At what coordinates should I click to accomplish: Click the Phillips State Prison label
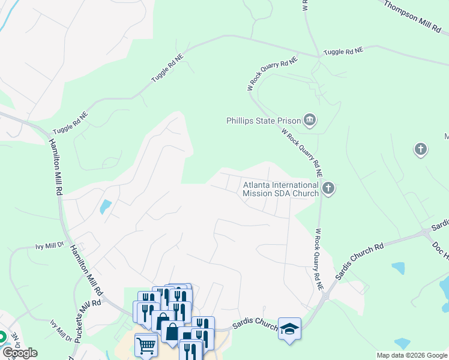pos(263,121)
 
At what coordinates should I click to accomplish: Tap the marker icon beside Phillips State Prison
pos(310,120)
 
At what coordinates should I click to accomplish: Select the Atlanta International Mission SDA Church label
pos(280,189)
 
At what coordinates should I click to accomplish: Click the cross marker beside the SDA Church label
pos(328,189)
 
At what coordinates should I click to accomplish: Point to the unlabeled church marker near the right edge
pos(421,148)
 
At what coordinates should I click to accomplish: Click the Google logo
pos(19,353)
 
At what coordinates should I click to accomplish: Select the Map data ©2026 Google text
pos(412,355)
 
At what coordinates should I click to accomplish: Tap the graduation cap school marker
pos(289,329)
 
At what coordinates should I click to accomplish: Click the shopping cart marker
pos(146,345)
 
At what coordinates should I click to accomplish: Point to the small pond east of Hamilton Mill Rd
pos(106,207)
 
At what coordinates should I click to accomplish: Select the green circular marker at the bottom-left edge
pos(2,337)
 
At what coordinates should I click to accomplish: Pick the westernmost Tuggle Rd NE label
pos(71,123)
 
